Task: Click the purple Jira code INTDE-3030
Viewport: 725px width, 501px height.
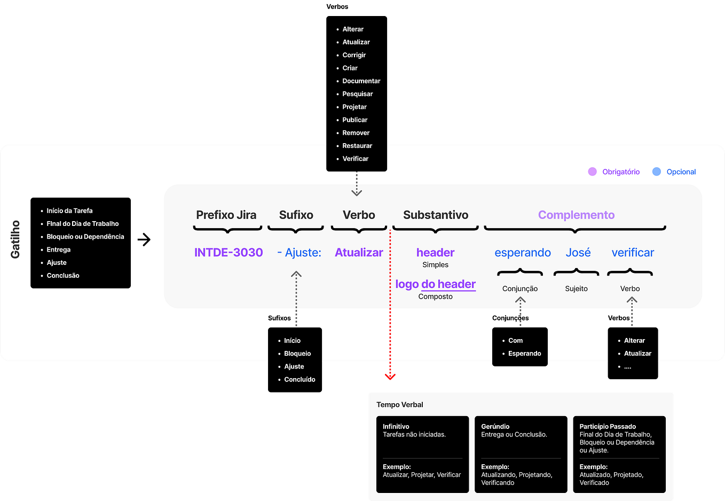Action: coord(228,253)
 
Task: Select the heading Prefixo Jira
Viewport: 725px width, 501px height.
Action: coord(226,215)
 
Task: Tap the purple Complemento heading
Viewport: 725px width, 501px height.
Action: coord(576,215)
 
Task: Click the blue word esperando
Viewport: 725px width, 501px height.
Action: coord(522,253)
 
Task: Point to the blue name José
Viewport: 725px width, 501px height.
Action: coord(578,253)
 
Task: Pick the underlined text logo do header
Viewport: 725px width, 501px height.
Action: coord(435,284)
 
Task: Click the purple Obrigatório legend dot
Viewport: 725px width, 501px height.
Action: coord(592,171)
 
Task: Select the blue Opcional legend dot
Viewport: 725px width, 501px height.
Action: coord(657,171)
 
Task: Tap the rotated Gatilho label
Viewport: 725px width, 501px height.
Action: coord(15,240)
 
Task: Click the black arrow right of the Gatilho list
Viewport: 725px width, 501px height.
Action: coord(144,240)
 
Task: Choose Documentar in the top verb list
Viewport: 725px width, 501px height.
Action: coord(361,81)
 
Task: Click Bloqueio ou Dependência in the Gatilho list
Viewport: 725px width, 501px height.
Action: coord(85,237)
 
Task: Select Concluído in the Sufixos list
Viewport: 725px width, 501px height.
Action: coord(300,380)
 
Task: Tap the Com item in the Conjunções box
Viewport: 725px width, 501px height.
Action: coord(515,341)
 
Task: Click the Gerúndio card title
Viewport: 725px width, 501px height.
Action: coord(495,426)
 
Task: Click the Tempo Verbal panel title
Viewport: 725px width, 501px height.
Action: coord(399,405)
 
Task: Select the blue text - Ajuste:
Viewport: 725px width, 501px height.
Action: coord(299,253)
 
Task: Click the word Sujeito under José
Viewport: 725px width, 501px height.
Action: coord(576,289)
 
